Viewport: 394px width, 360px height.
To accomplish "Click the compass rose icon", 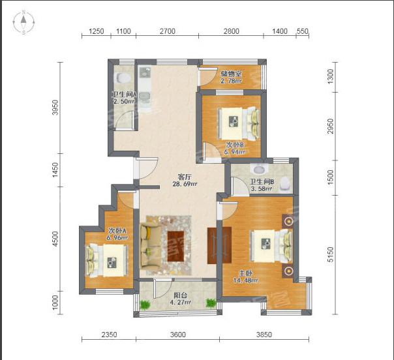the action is [x=23, y=22].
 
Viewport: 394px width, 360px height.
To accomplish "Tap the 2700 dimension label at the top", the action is [x=168, y=31].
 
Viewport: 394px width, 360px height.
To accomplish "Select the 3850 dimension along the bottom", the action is [x=264, y=335].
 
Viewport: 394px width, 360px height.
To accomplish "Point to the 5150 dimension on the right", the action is [x=331, y=254].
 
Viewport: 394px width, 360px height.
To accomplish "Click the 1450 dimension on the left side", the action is [x=55, y=170].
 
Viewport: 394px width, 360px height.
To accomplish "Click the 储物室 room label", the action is [x=231, y=74].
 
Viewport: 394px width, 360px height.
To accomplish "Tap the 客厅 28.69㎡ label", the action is [x=185, y=180].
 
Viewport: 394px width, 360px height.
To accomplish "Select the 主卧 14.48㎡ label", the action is [x=245, y=277].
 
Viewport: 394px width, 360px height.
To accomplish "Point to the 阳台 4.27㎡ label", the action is [x=181, y=299].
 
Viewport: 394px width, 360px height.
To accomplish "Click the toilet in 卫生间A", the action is [x=122, y=78].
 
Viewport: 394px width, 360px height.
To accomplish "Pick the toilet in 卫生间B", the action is [x=284, y=183].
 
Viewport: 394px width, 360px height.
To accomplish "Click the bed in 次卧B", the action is [x=238, y=123].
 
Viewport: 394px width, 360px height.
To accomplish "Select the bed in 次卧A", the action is [x=107, y=260].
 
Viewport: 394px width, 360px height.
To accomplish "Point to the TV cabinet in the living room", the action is [x=219, y=245].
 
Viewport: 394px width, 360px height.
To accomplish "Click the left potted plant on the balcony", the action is [x=145, y=305].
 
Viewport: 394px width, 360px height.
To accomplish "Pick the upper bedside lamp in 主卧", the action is [x=288, y=221].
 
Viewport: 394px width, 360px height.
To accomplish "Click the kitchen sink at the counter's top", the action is [x=144, y=73].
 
